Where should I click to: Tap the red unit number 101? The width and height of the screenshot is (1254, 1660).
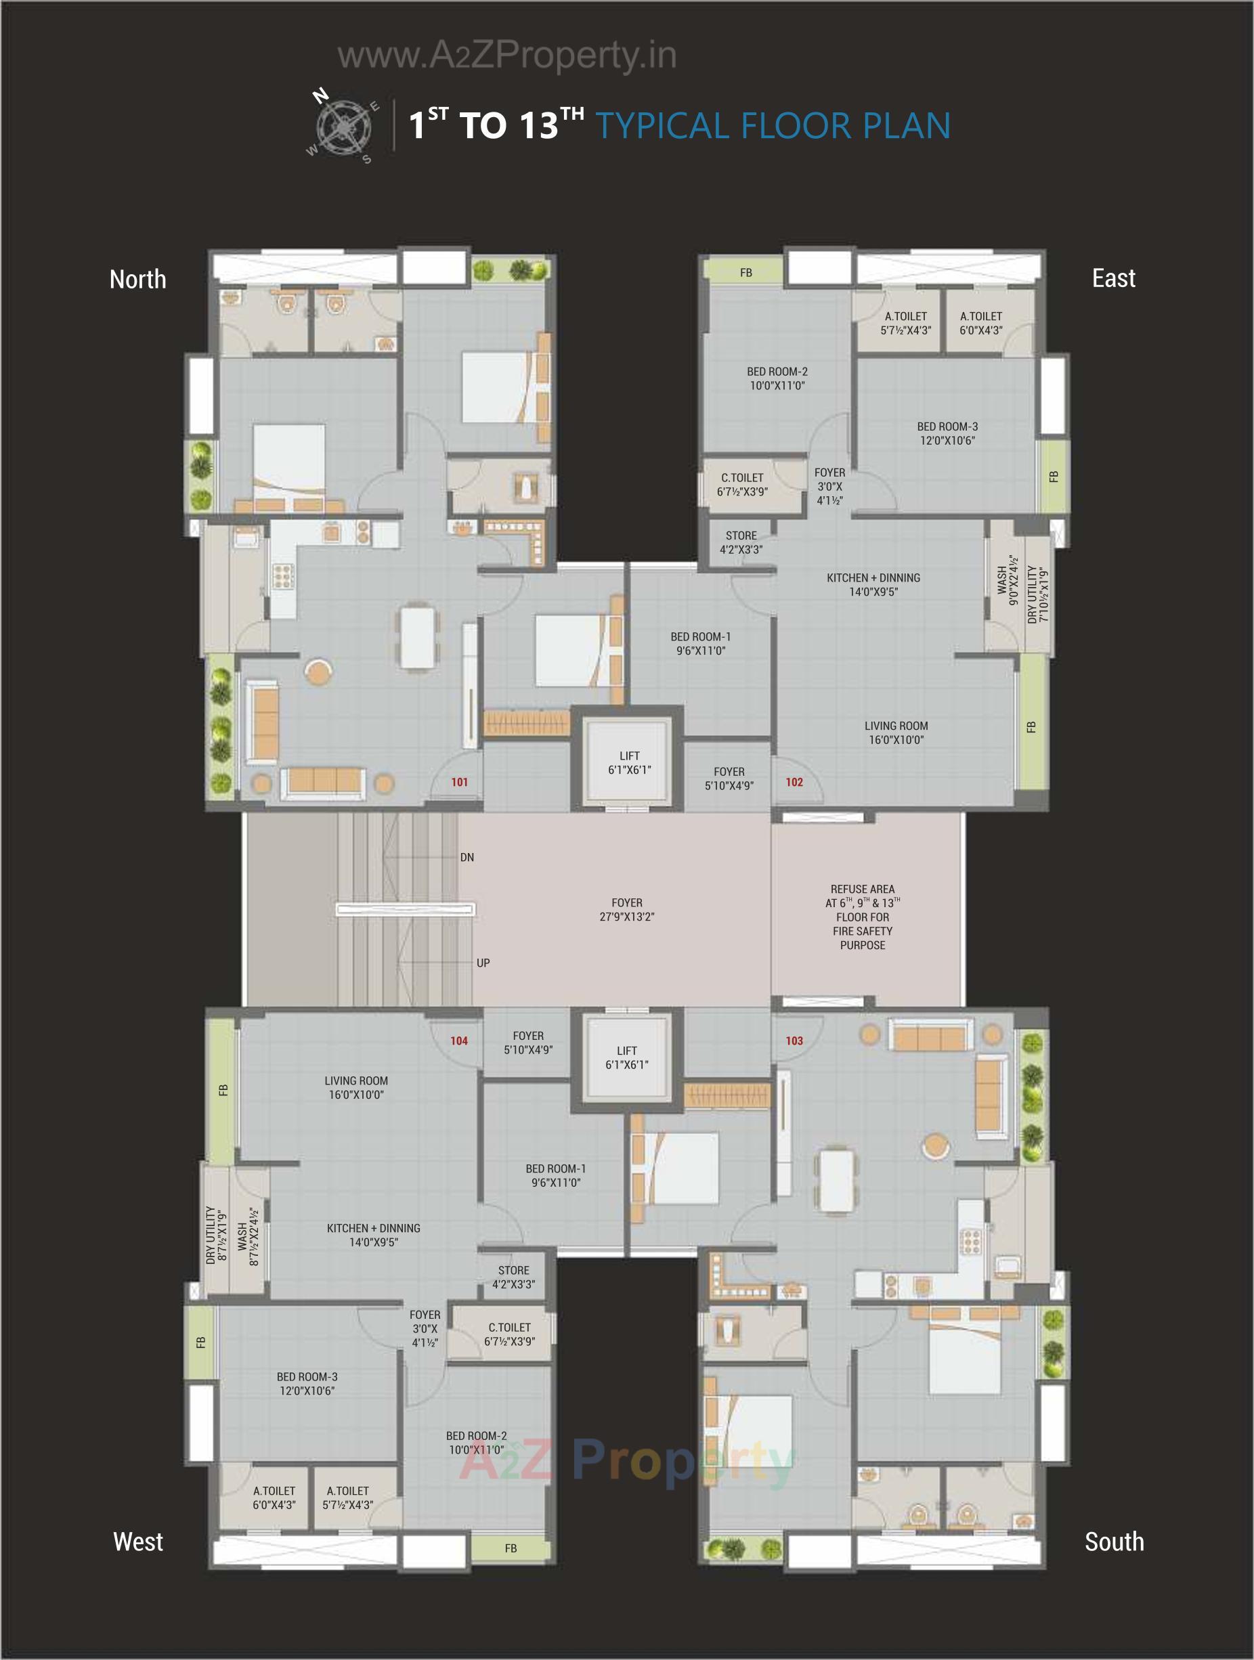pos(459,782)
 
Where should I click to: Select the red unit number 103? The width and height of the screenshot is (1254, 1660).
pos(794,1041)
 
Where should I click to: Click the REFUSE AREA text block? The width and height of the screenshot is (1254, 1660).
pos(862,917)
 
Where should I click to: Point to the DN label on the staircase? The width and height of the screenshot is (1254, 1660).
pos(467,857)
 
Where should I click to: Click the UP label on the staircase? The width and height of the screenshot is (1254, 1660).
pos(483,963)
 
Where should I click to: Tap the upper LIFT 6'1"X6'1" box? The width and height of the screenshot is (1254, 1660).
pos(629,762)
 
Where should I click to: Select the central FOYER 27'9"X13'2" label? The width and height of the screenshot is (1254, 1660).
pos(626,910)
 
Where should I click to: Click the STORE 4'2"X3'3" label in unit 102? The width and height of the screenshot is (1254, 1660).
pos(741,542)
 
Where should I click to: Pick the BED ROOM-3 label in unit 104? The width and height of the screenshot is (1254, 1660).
pos(307,1384)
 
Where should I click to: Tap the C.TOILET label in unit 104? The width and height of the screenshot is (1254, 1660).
pos(510,1334)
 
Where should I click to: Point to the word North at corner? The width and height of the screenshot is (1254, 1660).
pos(137,279)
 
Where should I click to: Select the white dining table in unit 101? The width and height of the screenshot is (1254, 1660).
pos(417,637)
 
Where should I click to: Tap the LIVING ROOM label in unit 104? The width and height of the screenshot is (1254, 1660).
pos(355,1088)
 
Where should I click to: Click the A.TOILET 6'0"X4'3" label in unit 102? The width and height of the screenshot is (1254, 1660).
pos(980,324)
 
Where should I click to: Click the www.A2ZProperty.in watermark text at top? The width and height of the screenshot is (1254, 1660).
pos(506,56)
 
